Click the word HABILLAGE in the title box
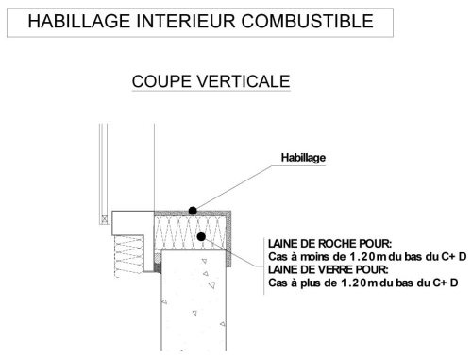(78, 22)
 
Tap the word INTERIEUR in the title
(186, 22)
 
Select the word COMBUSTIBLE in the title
(308, 22)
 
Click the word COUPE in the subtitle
(161, 81)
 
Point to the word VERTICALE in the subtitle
(244, 81)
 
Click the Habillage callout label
(303, 158)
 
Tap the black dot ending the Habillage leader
(193, 211)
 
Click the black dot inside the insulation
(201, 236)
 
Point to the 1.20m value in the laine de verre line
(360, 283)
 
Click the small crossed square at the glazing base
(105, 219)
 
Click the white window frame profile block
(133, 223)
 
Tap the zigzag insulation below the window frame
(129, 256)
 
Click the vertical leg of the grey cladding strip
(229, 239)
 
